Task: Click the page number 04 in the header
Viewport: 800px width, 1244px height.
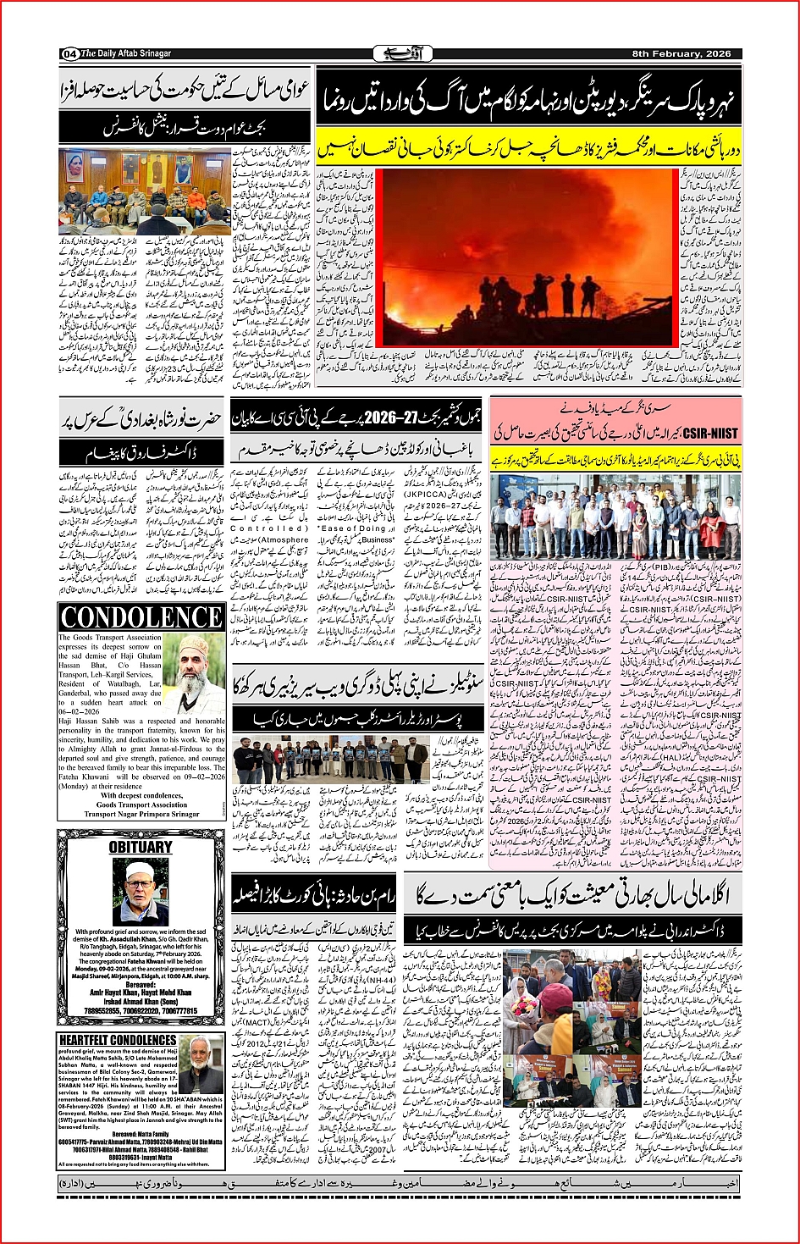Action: coord(69,54)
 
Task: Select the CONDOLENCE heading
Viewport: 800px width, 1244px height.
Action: coord(141,617)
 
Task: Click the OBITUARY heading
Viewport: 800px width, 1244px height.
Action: coord(141,848)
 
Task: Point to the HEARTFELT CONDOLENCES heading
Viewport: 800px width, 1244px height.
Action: coord(118,1040)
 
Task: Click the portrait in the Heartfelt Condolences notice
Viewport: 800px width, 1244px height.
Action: coord(201,1064)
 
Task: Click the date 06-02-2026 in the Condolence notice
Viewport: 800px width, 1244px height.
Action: coord(80,711)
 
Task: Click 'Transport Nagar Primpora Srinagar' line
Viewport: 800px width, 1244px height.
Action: coord(141,814)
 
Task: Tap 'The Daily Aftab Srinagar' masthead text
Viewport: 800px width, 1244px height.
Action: coord(126,54)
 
